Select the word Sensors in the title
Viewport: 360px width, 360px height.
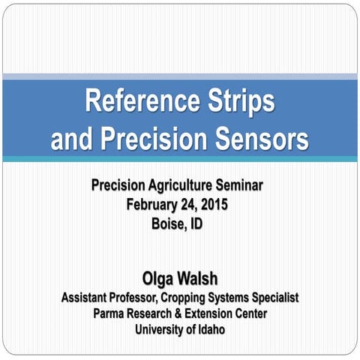(x=256, y=139)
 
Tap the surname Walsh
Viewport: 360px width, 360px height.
(x=198, y=280)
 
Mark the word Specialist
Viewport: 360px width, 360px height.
(x=272, y=298)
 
